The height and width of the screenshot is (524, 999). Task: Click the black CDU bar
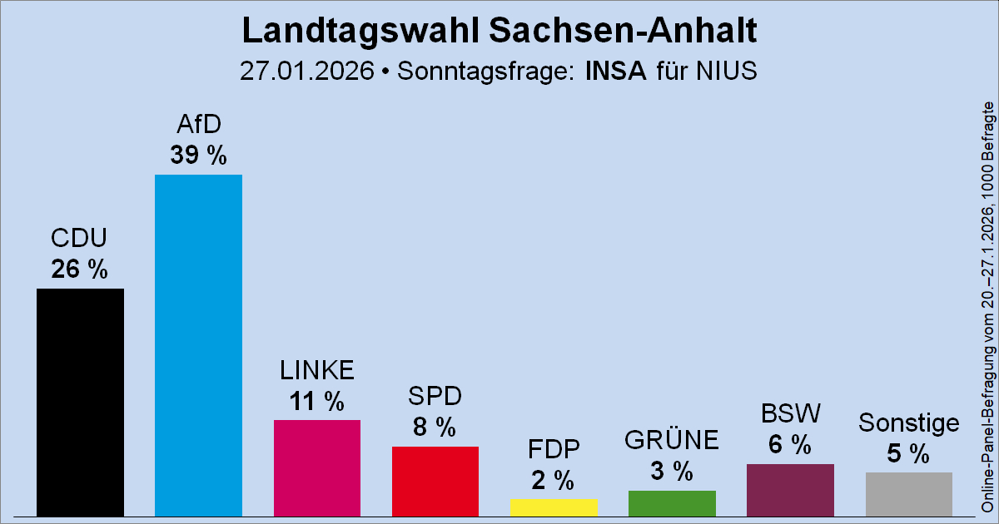(80, 402)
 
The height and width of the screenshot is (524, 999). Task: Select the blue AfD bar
(198, 345)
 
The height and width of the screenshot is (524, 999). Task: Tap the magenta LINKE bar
(317, 467)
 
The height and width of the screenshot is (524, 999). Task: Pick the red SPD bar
(435, 481)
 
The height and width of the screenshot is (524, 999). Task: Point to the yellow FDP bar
(554, 507)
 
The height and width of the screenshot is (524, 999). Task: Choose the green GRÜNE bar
(672, 502)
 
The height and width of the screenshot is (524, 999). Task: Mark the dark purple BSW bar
(790, 490)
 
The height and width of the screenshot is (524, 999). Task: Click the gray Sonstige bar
(908, 494)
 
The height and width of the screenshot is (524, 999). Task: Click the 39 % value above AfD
(198, 156)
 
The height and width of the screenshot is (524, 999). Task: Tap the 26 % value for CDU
(80, 269)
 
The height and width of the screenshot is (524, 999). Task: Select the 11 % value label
(317, 402)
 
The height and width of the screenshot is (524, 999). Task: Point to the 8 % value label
(435, 428)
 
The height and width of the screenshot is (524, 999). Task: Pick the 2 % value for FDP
(554, 480)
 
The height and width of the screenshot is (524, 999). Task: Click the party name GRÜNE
(672, 440)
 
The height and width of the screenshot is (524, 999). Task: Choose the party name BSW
(790, 413)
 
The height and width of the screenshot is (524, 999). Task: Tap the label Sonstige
(908, 423)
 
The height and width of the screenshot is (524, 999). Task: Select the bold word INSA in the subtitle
(617, 71)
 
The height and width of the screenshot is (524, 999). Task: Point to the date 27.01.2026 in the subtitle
(306, 71)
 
